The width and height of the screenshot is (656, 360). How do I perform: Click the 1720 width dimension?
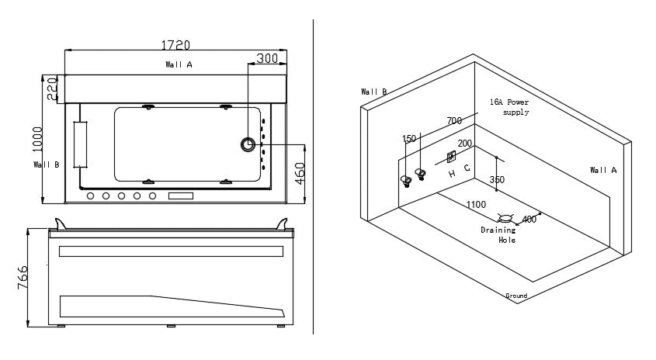[x=175, y=46]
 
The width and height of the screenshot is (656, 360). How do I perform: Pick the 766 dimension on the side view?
[x=23, y=277]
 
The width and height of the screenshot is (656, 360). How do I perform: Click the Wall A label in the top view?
[x=179, y=65]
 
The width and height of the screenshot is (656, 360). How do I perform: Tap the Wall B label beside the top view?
[x=47, y=164]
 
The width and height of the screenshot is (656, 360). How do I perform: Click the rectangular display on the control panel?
[x=180, y=196]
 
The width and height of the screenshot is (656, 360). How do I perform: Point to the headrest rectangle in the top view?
[x=80, y=144]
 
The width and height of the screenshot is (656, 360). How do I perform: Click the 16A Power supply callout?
[x=509, y=107]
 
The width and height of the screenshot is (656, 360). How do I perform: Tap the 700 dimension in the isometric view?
[x=454, y=121]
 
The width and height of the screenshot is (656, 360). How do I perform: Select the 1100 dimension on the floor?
[x=476, y=205]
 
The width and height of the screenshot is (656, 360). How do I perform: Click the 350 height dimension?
[x=497, y=180]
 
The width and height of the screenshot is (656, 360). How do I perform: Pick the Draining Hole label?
[x=498, y=235]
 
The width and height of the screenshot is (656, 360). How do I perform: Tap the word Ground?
[x=516, y=296]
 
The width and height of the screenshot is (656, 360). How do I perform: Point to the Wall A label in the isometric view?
[x=603, y=170]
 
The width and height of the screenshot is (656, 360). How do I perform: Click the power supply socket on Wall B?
[x=451, y=157]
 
